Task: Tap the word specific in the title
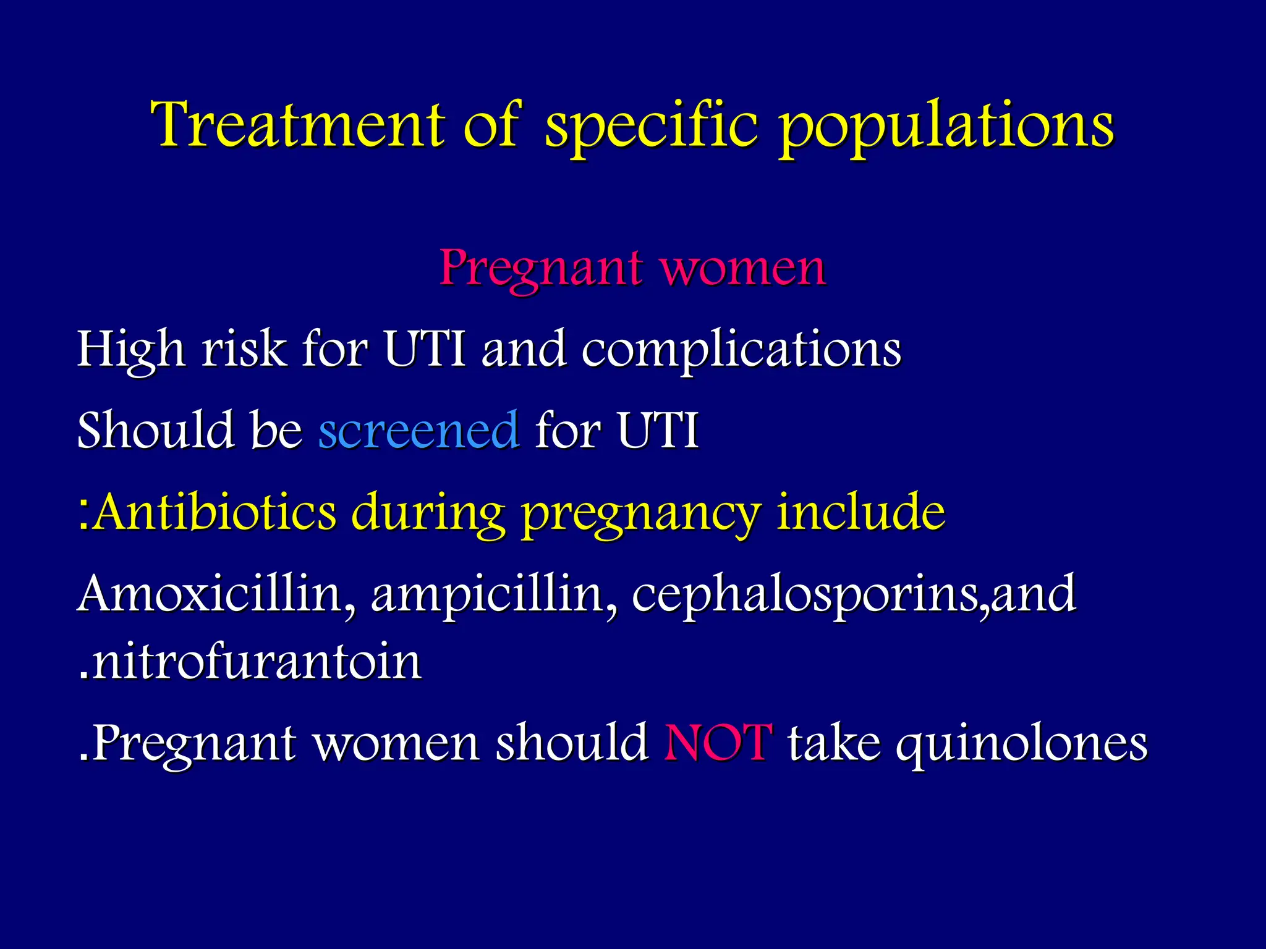point(651,127)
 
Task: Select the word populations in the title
point(946,127)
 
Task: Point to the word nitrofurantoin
point(257,662)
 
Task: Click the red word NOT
point(718,742)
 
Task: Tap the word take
point(834,742)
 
